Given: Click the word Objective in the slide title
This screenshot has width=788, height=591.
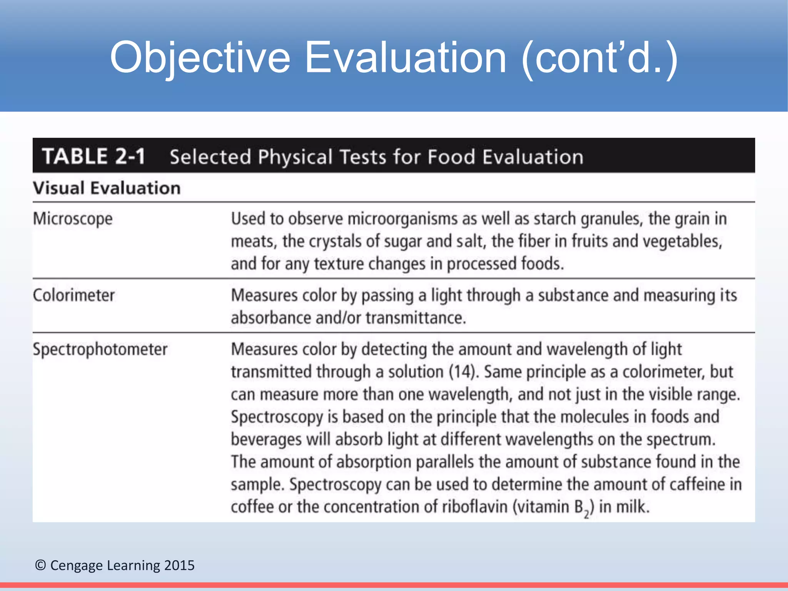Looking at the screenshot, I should pyautogui.click(x=200, y=58).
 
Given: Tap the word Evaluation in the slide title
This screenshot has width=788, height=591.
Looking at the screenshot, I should pyautogui.click(x=406, y=58).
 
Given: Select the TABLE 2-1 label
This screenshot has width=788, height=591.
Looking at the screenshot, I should pyautogui.click(x=93, y=156).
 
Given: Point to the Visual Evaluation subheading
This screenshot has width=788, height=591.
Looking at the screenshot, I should pyautogui.click(x=107, y=188).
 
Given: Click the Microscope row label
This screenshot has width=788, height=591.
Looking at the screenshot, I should pyautogui.click(x=73, y=219).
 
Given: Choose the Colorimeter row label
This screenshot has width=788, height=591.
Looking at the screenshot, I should pyautogui.click(x=73, y=295).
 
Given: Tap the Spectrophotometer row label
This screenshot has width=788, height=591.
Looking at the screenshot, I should pyautogui.click(x=100, y=349).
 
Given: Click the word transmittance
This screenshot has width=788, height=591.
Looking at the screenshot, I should pyautogui.click(x=416, y=318).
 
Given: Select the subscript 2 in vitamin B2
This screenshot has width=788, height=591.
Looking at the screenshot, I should pyautogui.click(x=586, y=513).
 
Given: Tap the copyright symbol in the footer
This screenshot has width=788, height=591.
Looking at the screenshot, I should pyautogui.click(x=40, y=565).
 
